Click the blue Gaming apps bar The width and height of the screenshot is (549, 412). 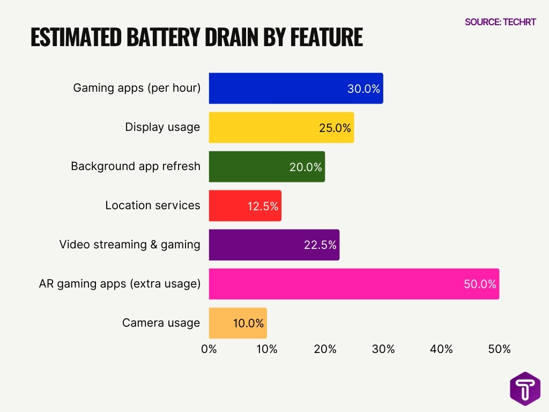point(295,89)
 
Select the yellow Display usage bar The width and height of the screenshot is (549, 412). point(281,128)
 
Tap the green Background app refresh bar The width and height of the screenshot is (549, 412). point(266,167)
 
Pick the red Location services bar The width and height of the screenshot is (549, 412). point(244,205)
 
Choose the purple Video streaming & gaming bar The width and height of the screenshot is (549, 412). point(273,245)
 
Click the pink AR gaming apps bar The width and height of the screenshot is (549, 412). point(353,284)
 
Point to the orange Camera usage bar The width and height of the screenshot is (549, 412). point(238,323)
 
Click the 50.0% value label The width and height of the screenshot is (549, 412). point(480,284)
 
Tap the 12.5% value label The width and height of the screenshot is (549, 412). point(263,206)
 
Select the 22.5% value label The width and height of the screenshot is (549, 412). point(320,245)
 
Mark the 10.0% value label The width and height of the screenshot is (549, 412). point(248,323)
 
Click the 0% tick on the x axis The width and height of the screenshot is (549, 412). point(209,349)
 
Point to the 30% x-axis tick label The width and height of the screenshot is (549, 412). point(383,349)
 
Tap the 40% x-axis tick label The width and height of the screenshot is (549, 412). point(441,349)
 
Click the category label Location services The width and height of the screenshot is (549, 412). point(153,205)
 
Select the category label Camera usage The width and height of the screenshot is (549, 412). point(161,323)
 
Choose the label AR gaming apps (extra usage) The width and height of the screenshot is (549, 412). point(120,284)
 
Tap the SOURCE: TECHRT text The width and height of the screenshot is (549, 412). point(500,22)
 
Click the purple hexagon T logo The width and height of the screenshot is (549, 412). point(525,388)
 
